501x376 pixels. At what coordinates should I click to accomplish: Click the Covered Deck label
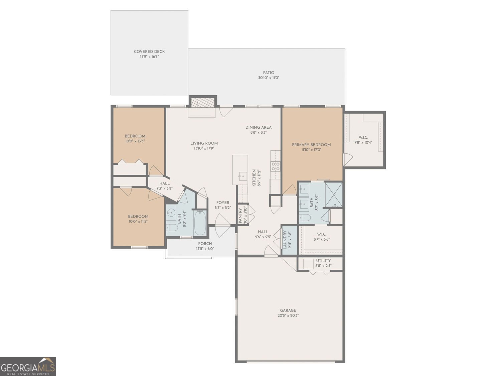pyautogui.click(x=149, y=51)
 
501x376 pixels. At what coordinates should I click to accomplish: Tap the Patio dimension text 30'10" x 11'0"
pyautogui.click(x=269, y=78)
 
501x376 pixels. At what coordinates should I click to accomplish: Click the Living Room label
pyautogui.click(x=204, y=143)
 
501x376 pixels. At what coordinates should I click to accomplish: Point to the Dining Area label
pyautogui.click(x=258, y=127)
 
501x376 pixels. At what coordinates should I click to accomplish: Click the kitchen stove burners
pyautogui.click(x=276, y=166)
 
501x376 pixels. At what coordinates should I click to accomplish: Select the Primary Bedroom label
pyautogui.click(x=311, y=145)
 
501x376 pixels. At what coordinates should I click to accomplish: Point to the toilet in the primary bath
pyautogui.click(x=305, y=218)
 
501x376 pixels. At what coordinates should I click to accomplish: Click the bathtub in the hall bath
pyautogui.click(x=200, y=223)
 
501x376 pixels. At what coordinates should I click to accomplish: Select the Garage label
pyautogui.click(x=288, y=310)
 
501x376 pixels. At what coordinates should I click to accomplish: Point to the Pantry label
pyautogui.click(x=240, y=216)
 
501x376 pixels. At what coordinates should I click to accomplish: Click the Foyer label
pyautogui.click(x=223, y=203)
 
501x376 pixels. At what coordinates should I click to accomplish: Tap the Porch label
pyautogui.click(x=205, y=243)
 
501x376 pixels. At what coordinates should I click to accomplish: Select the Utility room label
pyautogui.click(x=323, y=261)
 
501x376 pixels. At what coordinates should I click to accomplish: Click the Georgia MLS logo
pyautogui.click(x=28, y=367)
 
